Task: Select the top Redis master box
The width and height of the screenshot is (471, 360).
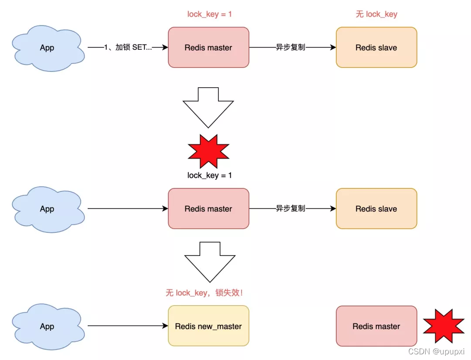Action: click(x=208, y=48)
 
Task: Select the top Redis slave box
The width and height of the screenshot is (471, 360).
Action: click(x=376, y=48)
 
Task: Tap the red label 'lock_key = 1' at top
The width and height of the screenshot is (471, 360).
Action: click(x=209, y=14)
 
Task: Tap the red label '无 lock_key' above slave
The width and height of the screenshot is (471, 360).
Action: click(x=376, y=14)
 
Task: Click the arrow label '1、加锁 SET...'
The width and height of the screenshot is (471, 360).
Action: click(x=128, y=48)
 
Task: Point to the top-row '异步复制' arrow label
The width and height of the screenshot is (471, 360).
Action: click(x=290, y=48)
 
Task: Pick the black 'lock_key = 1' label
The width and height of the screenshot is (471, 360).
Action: click(x=209, y=175)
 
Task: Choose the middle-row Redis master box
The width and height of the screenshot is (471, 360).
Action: click(x=208, y=209)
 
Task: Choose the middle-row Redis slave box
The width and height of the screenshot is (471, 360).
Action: click(x=376, y=209)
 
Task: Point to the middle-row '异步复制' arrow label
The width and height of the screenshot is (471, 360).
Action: click(x=290, y=209)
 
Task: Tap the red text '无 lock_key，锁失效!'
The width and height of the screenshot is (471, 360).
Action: click(x=204, y=293)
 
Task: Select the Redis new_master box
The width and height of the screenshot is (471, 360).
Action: click(x=208, y=326)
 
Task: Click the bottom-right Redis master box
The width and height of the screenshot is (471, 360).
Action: click(x=376, y=326)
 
